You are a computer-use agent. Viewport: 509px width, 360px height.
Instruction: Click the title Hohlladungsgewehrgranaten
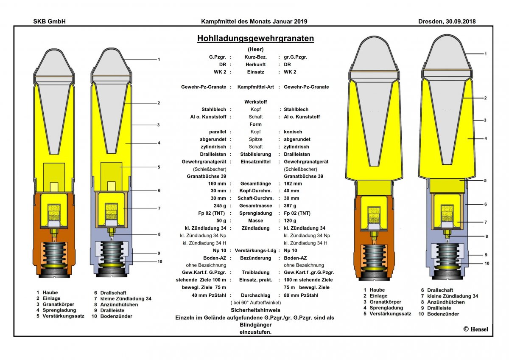pyautogui.click(x=255, y=39)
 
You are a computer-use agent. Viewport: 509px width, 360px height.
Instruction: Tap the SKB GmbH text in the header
pyautogui.click(x=49, y=21)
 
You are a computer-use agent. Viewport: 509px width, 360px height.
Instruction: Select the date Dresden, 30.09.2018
pyautogui.click(x=447, y=21)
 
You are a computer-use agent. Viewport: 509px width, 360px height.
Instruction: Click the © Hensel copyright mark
pyautogui.click(x=475, y=329)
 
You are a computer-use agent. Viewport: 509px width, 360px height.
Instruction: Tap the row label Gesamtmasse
pyautogui.click(x=255, y=206)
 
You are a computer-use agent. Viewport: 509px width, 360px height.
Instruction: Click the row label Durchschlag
pyautogui.click(x=255, y=295)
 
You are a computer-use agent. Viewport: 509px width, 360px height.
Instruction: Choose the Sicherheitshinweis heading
pyautogui.click(x=255, y=310)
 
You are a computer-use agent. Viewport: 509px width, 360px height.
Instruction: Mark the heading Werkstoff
pyautogui.click(x=255, y=102)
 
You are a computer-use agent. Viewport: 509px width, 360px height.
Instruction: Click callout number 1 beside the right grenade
pyautogui.click(x=485, y=54)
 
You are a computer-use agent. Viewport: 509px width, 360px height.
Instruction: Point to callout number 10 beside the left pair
pyautogui.click(x=159, y=262)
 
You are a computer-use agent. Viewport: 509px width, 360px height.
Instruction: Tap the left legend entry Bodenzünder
pyautogui.click(x=116, y=316)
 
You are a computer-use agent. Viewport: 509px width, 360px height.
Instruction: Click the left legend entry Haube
pyautogui.click(x=50, y=292)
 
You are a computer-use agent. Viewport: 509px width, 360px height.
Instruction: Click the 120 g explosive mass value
pyautogui.click(x=291, y=221)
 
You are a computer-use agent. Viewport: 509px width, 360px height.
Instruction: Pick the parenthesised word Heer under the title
pyautogui.click(x=255, y=49)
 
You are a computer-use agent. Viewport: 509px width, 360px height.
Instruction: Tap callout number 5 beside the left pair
pyautogui.click(x=158, y=167)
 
